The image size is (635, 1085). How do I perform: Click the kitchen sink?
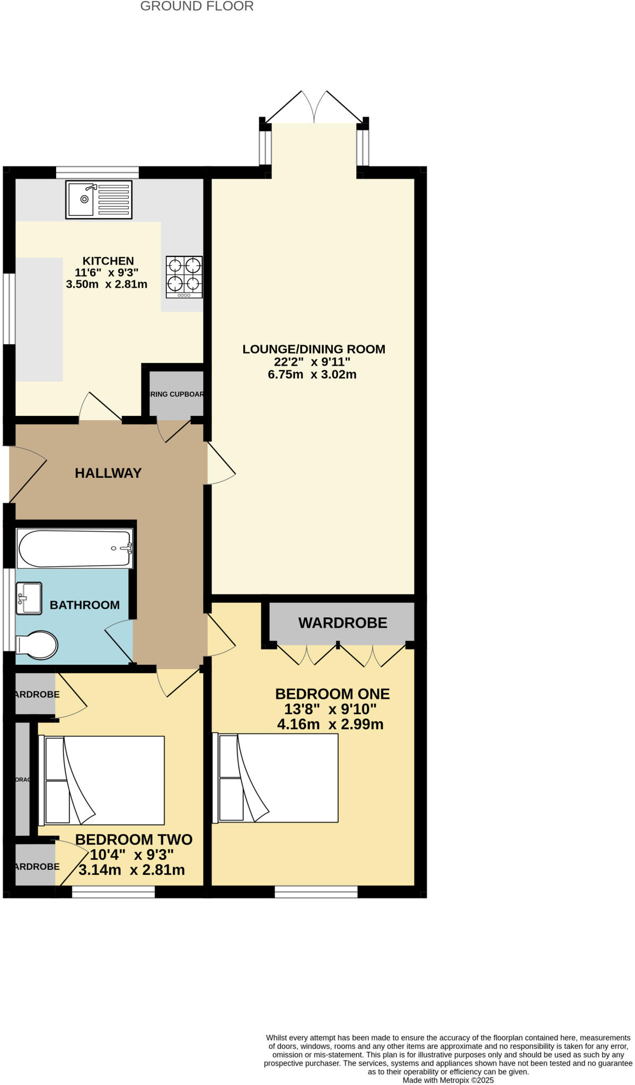point(99,200)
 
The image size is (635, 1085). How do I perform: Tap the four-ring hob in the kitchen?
point(184,277)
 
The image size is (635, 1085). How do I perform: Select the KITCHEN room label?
point(108,261)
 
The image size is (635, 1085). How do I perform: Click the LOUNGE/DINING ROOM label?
point(314,349)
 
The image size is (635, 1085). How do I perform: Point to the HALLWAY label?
point(108,473)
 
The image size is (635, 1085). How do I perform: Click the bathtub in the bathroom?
point(75,548)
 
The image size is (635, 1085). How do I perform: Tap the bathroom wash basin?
point(29,599)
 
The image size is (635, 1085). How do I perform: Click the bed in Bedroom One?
point(276,778)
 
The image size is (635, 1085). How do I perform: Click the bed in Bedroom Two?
point(102,780)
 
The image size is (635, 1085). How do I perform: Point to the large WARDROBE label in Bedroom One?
point(342,623)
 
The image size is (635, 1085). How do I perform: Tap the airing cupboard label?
point(177,394)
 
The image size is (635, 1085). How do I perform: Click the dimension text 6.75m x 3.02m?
point(312,375)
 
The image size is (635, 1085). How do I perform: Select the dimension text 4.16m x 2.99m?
point(330,724)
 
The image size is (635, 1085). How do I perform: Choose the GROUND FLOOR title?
point(197,6)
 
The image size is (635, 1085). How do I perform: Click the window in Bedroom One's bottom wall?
point(316,892)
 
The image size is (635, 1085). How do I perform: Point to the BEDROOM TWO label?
point(134,840)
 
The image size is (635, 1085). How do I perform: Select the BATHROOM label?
point(85,605)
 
